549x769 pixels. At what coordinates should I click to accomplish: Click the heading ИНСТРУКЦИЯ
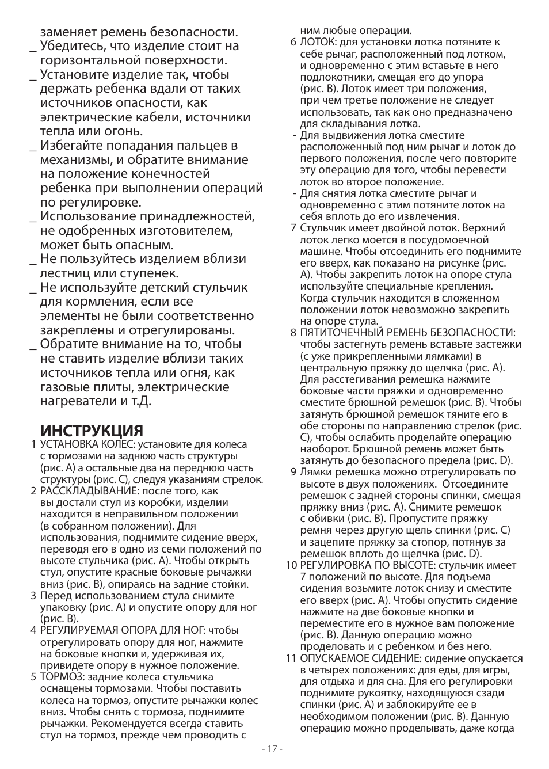pos(91,431)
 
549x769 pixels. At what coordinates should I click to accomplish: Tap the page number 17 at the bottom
pos(272,749)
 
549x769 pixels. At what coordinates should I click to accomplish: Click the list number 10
pos(291,565)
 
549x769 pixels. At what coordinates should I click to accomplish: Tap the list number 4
pos(33,630)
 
